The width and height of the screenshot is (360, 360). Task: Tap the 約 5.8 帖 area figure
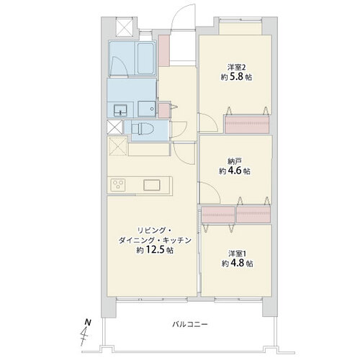pos(236,77)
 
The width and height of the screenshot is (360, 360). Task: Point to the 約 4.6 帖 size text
pos(235,171)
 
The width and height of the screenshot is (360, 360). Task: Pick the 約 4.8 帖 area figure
pos(237,264)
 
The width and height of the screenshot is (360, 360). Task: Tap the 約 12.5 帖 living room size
pos(155,250)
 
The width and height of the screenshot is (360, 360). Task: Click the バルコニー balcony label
pos(190,325)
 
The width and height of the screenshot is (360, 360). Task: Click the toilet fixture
pos(143,129)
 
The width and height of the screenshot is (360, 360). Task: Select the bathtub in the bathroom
pos(146,59)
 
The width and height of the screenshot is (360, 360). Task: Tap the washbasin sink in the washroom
pos(120,110)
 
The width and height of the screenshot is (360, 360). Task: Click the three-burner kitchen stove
pos(117,185)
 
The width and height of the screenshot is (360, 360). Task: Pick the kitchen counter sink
pos(152,185)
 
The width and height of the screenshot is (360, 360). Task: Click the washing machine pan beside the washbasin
pos(147,109)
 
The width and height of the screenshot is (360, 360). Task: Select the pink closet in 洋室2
pos(247,125)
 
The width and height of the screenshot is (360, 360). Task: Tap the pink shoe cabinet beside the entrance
pos(164,50)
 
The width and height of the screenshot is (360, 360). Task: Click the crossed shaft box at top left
pos(125,27)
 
